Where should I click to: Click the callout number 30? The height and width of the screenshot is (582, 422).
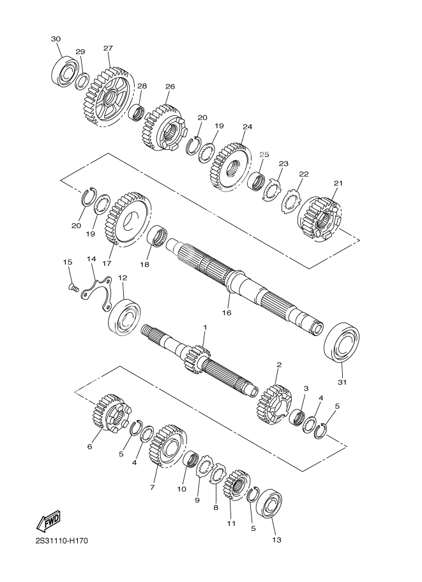pyautogui.click(x=56, y=39)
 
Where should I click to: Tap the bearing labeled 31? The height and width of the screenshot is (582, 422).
pyautogui.click(x=342, y=341)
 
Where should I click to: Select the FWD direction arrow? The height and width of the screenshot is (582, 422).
pyautogui.click(x=48, y=521)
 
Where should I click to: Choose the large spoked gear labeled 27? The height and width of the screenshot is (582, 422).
pyautogui.click(x=108, y=96)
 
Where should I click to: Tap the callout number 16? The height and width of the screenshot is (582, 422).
pyautogui.click(x=227, y=313)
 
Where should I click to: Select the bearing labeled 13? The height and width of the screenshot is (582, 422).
pyautogui.click(x=269, y=504)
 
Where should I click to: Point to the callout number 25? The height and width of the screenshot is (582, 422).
pyautogui.click(x=264, y=154)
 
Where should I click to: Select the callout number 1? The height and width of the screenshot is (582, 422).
pyautogui.click(x=204, y=328)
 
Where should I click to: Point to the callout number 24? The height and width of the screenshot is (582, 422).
pyautogui.click(x=247, y=127)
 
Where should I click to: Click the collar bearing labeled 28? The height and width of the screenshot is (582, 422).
pyautogui.click(x=137, y=112)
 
